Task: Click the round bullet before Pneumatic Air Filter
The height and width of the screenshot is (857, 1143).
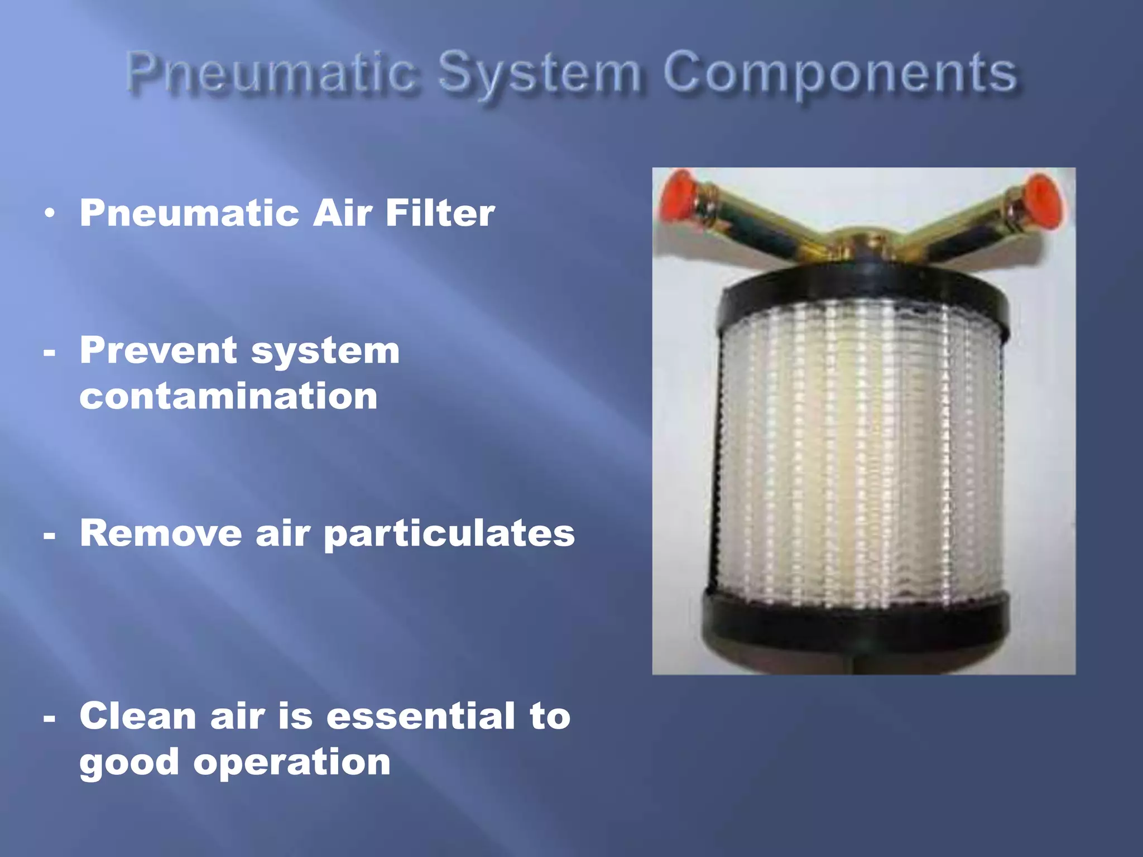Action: click(x=50, y=214)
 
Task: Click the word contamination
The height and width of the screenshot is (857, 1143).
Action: click(x=228, y=396)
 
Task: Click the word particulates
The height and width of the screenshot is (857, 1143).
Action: click(x=449, y=535)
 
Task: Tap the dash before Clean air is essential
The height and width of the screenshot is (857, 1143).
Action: click(x=49, y=719)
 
